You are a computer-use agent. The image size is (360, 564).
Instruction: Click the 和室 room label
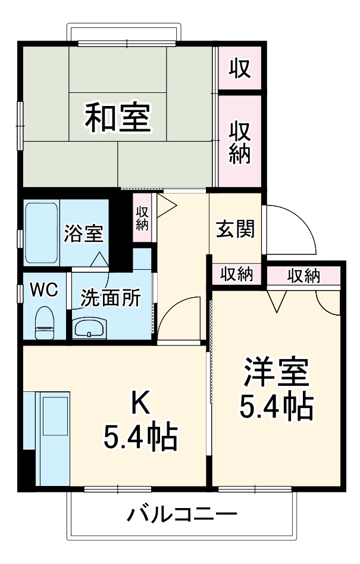point(117,117)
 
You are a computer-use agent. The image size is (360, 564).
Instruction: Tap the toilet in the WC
point(44,323)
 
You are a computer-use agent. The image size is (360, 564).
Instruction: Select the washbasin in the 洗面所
point(89,328)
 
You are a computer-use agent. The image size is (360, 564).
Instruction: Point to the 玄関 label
point(235,228)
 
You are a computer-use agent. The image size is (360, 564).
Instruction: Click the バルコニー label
point(181,513)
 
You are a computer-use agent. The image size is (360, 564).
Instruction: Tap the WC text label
point(44,290)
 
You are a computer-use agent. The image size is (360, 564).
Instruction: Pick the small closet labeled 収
point(239,68)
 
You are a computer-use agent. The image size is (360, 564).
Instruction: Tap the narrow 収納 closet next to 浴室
point(142,217)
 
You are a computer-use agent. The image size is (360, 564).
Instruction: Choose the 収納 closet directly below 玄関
point(237,275)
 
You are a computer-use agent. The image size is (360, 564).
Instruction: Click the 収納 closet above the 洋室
point(303,275)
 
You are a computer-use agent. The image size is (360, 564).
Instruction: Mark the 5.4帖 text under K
point(140,438)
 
